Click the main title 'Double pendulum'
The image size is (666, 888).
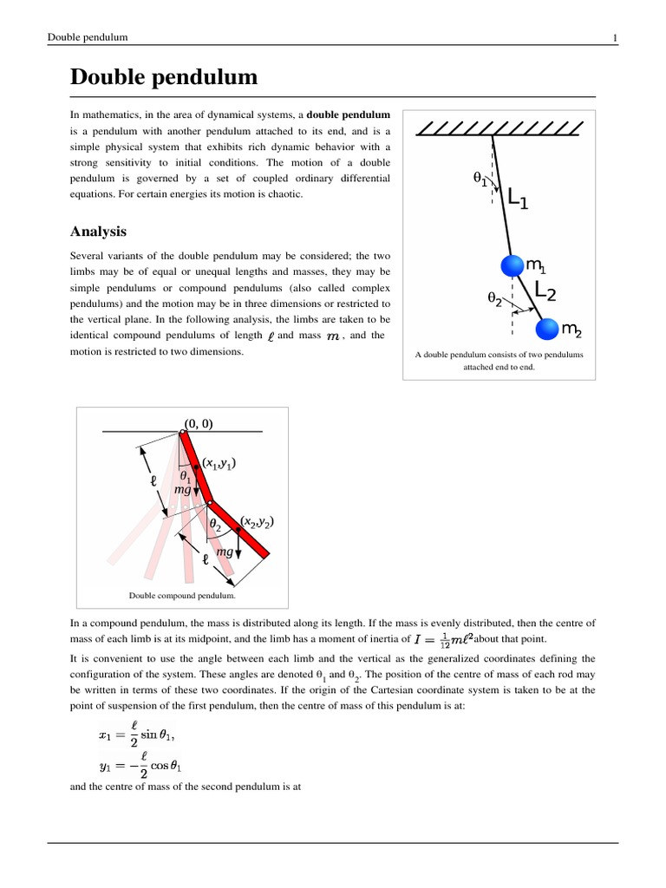click(x=164, y=77)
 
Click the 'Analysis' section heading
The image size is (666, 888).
click(x=98, y=232)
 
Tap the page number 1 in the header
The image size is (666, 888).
click(x=615, y=37)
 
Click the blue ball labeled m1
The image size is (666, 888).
click(x=513, y=265)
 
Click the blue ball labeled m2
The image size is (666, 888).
click(x=547, y=330)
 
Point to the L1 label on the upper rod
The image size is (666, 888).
click(x=517, y=199)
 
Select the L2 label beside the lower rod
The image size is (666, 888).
click(x=545, y=291)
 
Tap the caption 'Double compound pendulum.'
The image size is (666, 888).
click(x=182, y=596)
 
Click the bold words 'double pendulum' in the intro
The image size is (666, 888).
click(x=349, y=114)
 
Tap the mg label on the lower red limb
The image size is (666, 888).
click(x=225, y=552)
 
